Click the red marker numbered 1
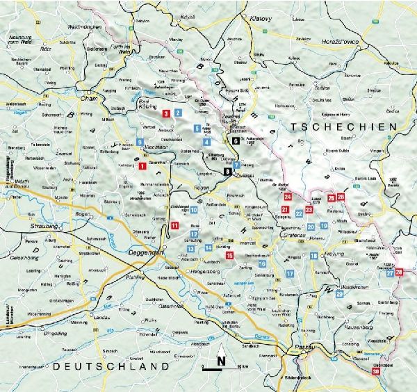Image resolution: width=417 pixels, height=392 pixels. [x=142, y=166]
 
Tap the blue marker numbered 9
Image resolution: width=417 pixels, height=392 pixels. [x=140, y=142]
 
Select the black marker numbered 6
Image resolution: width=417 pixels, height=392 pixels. [x=236, y=140]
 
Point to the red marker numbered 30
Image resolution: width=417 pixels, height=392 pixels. [x=376, y=373]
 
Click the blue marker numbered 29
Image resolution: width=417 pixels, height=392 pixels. [x=339, y=294]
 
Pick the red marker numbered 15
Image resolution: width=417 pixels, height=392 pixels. [x=229, y=256]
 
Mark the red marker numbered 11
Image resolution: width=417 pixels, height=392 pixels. [x=174, y=225]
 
